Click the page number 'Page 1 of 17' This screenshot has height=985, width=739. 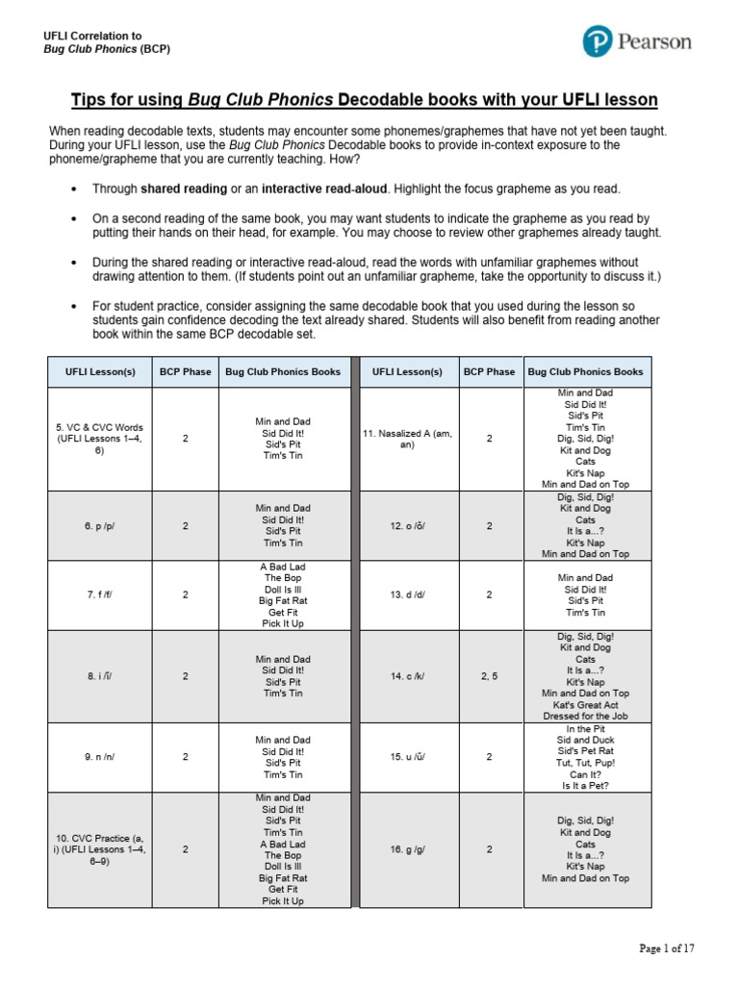pyautogui.click(x=667, y=948)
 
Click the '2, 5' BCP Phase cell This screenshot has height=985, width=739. pyautogui.click(x=489, y=676)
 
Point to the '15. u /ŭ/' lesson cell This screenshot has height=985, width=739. pyautogui.click(x=407, y=757)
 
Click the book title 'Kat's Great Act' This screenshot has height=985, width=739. pyautogui.click(x=585, y=704)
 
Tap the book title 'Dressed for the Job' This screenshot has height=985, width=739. pyautogui.click(x=585, y=716)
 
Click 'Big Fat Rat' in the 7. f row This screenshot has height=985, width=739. pyautogui.click(x=283, y=600)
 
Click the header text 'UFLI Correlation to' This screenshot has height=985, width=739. pyautogui.click(x=92, y=36)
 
